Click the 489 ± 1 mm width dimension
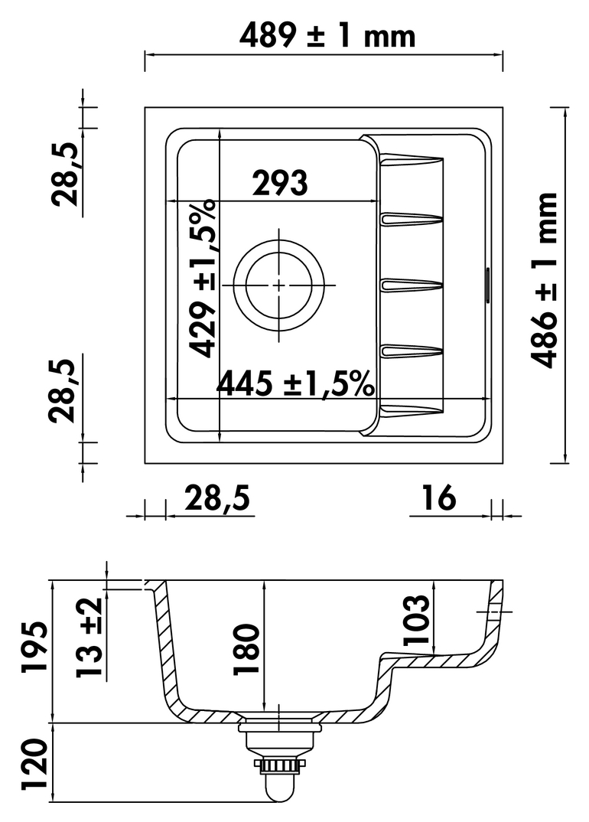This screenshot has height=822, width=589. click(327, 36)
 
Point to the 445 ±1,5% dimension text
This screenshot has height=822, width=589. click(295, 384)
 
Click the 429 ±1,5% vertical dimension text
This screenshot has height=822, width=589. click(202, 278)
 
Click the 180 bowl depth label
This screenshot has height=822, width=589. click(246, 649)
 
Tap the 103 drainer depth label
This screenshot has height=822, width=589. click(416, 620)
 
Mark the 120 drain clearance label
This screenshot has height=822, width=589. click(34, 765)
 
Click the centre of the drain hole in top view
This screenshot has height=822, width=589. click(278, 285)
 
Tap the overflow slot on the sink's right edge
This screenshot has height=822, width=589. click(487, 285)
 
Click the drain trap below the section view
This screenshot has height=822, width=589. click(278, 760)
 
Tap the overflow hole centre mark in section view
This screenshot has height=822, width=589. click(493, 612)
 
